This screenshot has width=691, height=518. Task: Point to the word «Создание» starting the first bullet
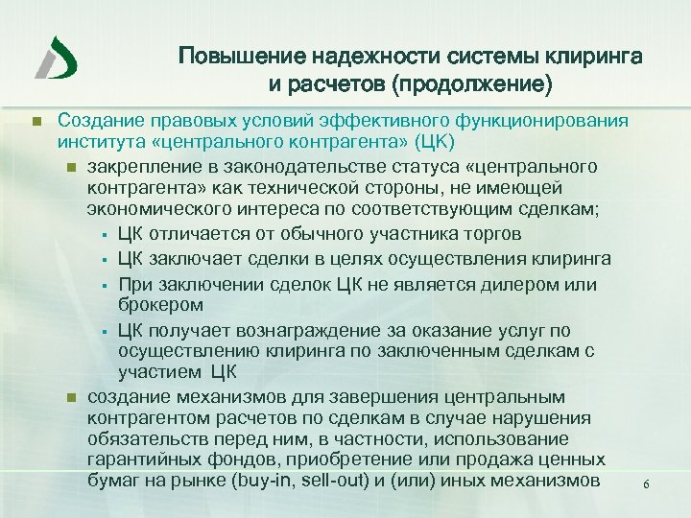click(97, 121)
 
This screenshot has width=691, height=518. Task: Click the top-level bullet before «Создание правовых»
click(35, 122)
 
